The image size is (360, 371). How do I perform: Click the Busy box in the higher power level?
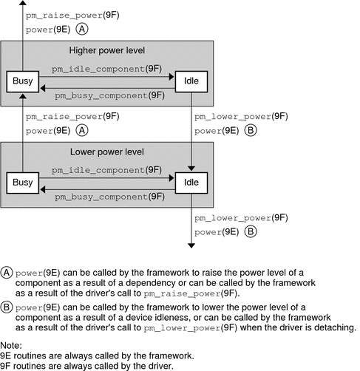click(22, 81)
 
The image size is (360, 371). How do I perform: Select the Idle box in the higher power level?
click(191, 81)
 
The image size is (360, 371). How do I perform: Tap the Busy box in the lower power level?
click(22, 182)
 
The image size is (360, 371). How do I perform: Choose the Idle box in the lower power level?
click(191, 182)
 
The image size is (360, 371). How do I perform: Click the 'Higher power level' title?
click(107, 51)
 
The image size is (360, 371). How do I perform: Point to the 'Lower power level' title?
click(107, 153)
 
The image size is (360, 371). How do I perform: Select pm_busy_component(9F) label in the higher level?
click(107, 95)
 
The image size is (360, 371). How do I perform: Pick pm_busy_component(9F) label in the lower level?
click(107, 197)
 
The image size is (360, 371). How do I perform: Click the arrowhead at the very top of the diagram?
click(22, 4)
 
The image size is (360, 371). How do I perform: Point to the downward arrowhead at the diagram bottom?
click(191, 245)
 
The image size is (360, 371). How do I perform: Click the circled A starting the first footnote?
click(7, 268)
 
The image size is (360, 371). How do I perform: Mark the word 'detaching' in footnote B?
click(326, 327)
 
